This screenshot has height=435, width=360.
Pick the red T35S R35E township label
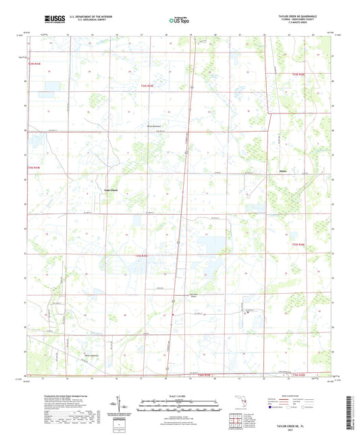(140, 257)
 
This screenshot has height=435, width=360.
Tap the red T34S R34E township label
(35, 63)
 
